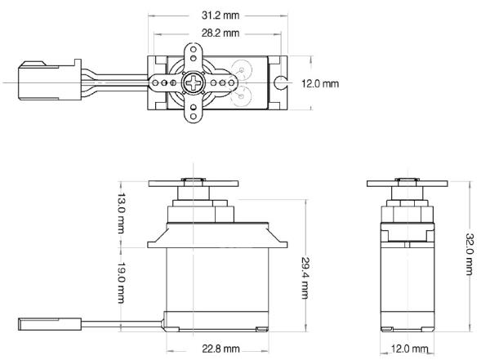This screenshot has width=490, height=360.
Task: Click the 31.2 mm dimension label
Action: [220, 16]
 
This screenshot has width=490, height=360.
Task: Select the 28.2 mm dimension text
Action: [220, 33]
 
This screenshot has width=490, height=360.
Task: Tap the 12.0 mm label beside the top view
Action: [320, 83]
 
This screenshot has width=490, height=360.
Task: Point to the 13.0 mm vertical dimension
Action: [121, 213]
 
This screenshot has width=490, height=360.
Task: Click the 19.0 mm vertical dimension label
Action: [121, 282]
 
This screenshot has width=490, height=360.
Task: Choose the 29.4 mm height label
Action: [305, 278]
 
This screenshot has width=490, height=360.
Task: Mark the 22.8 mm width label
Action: [220, 349]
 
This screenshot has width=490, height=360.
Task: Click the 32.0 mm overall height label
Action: [470, 254]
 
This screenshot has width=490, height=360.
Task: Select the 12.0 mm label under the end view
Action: [409, 349]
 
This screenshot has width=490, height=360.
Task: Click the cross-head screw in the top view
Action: [193, 82]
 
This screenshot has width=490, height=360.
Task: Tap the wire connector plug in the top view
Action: [50, 80]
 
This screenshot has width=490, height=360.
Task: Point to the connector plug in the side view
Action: [49, 324]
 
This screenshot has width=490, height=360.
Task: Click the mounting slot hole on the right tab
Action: [279, 82]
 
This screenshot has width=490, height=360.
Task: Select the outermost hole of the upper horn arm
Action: [193, 50]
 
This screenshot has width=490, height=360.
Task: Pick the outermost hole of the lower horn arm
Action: [193, 116]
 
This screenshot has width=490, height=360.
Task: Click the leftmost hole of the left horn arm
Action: [155, 82]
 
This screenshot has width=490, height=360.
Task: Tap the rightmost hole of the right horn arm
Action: [231, 82]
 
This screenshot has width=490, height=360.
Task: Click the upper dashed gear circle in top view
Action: [241, 69]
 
